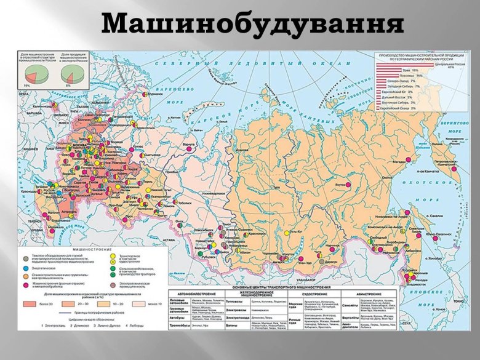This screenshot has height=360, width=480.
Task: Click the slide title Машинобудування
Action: (252, 24)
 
